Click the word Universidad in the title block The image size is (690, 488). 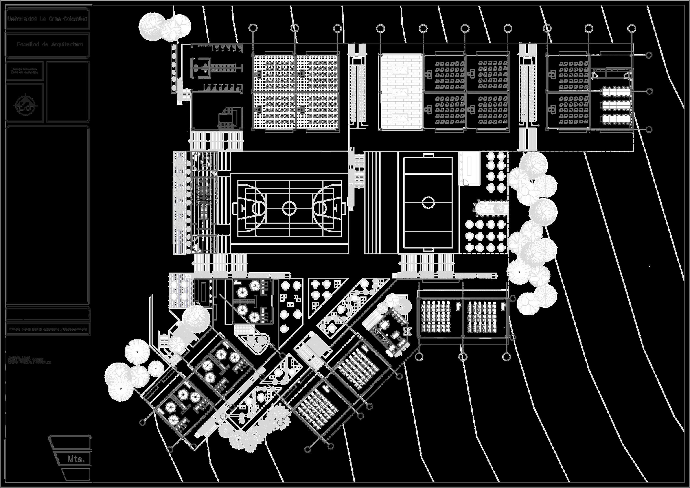23,19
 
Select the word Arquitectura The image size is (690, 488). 67,44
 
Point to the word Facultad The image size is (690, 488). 28,44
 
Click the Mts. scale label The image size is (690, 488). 76,459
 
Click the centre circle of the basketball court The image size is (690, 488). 289,208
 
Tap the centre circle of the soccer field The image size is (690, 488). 428,202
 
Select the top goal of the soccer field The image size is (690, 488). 428,156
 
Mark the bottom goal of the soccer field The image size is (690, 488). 428,249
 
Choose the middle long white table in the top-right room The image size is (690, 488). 616,105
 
